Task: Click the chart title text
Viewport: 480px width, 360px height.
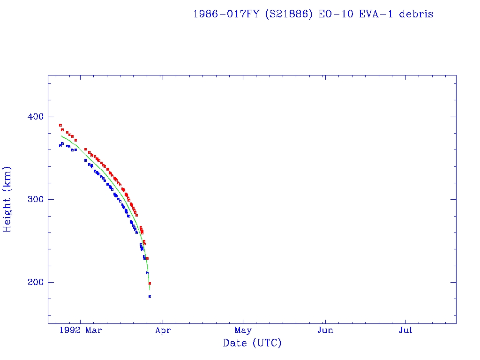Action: point(313,14)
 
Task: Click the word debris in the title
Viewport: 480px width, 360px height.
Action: point(416,14)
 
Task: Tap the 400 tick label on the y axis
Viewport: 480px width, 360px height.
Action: point(34,117)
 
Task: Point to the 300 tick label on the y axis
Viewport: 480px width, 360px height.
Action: point(34,199)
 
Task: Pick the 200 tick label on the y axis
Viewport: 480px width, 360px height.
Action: point(34,282)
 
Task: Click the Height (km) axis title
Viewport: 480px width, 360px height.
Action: point(8,199)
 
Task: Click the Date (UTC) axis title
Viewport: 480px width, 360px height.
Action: point(252,343)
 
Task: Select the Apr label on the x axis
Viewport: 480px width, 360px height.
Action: point(163,330)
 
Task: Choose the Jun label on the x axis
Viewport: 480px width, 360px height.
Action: point(325,330)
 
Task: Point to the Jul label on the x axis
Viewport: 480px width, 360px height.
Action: point(405,330)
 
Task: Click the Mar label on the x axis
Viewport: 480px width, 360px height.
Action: point(94,330)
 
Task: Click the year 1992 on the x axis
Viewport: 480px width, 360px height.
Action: point(75,330)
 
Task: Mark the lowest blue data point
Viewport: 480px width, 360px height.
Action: point(150,296)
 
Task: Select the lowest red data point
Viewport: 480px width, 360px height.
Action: point(150,283)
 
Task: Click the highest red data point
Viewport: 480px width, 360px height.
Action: point(60,125)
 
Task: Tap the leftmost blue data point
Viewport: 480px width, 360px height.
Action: point(60,146)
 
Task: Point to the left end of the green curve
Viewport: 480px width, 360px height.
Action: point(61,135)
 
